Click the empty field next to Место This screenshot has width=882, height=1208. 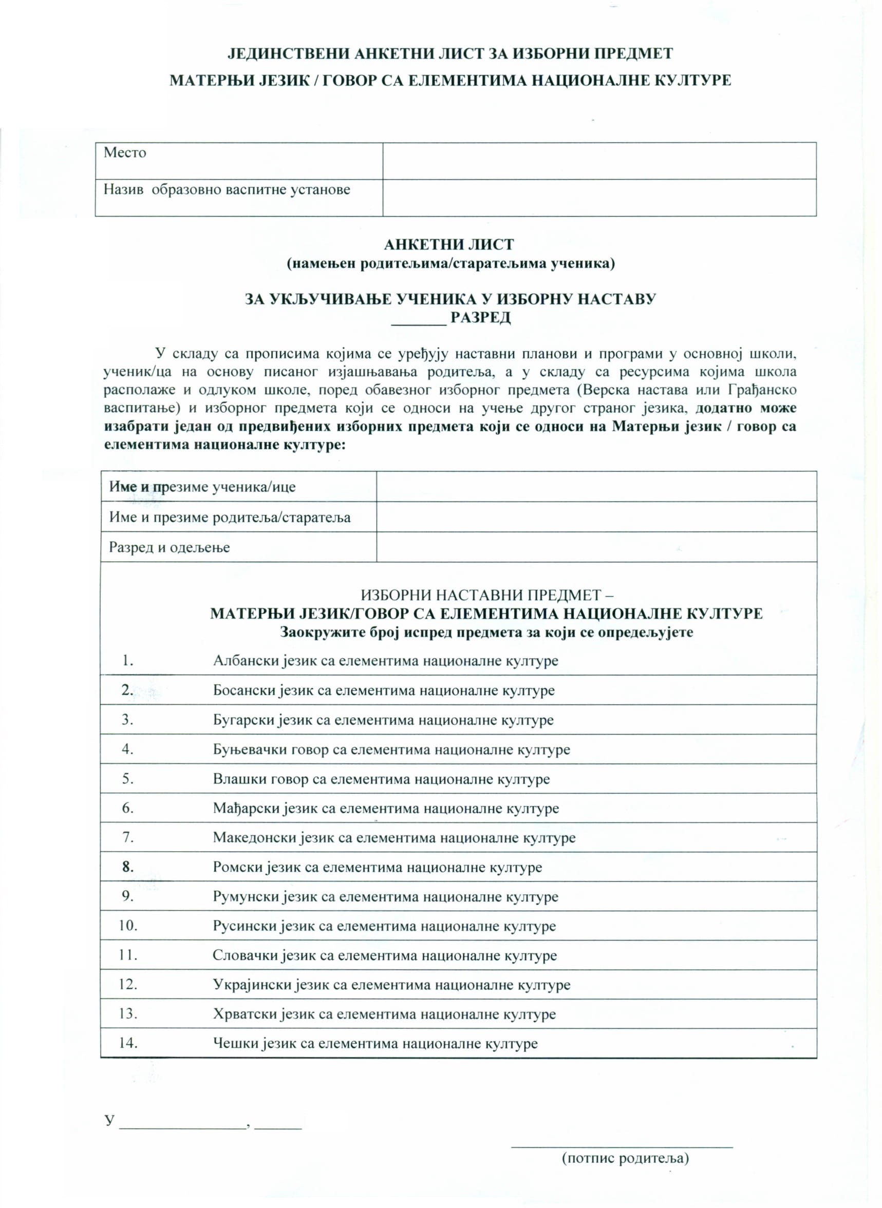pos(599,161)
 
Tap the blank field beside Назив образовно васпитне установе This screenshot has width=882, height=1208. pos(599,198)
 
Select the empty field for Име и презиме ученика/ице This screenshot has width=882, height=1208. pos(596,487)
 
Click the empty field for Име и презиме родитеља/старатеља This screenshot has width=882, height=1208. pos(596,516)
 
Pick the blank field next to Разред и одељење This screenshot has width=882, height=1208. pos(596,547)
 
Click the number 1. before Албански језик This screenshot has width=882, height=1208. pos(127,661)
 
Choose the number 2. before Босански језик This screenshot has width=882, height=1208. pos(127,690)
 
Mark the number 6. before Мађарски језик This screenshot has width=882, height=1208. pos(127,808)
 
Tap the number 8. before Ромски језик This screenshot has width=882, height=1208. pos(127,867)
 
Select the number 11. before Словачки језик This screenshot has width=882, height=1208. pos(128,955)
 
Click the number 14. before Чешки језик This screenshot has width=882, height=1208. pos(128,1043)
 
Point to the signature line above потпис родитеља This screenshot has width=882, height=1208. pos(622,1145)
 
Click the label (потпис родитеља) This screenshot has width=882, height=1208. pos(625,1158)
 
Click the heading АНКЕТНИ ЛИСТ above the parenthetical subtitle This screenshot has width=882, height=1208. pos(449,245)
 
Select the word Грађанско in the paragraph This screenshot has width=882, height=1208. pos(762,390)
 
